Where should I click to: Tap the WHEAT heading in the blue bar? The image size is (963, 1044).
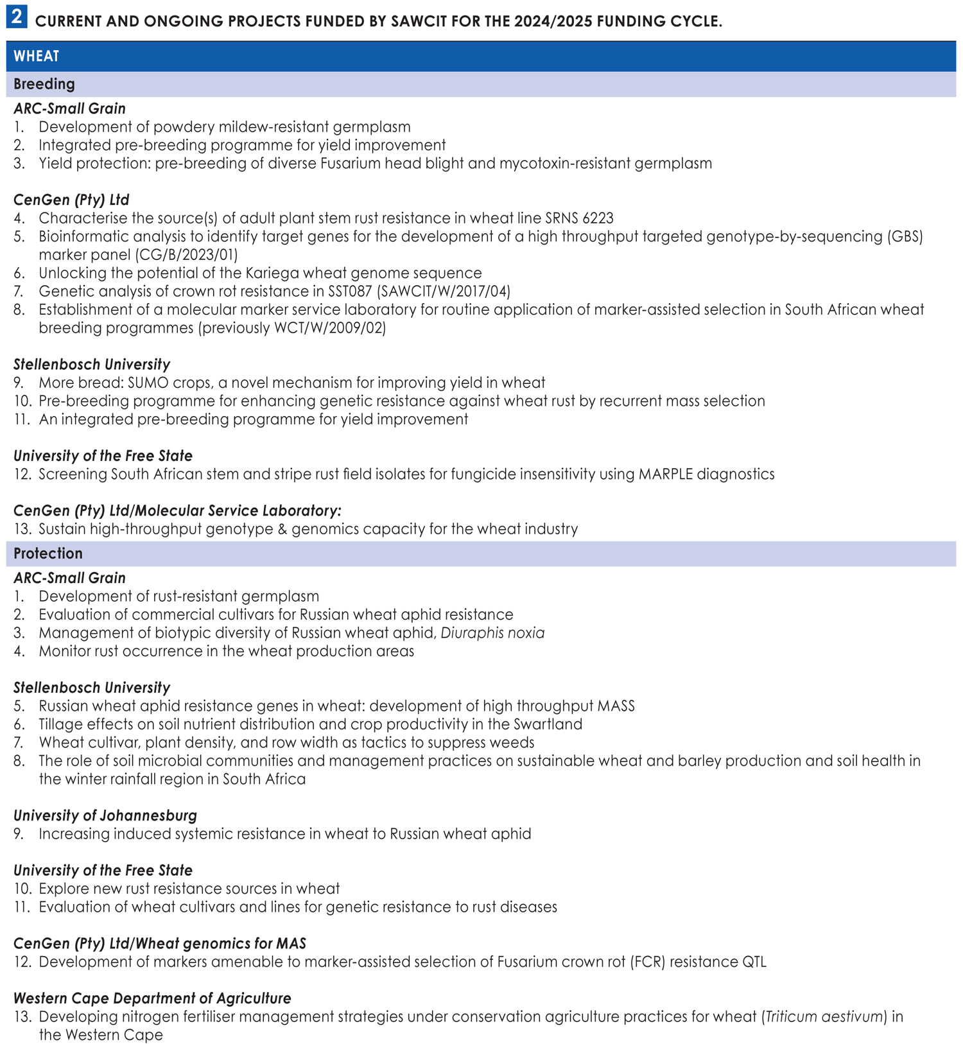(37, 57)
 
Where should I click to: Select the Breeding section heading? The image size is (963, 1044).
(44, 84)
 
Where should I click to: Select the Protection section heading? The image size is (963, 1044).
(48, 553)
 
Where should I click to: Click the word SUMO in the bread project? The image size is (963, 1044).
(147, 383)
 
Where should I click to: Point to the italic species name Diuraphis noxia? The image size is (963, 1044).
(492, 633)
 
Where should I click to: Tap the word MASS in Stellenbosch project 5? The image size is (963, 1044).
(616, 706)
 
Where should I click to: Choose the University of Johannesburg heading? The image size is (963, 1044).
(105, 815)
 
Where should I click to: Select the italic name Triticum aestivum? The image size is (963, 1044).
(825, 1017)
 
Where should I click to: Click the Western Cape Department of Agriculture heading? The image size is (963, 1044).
(152, 998)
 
